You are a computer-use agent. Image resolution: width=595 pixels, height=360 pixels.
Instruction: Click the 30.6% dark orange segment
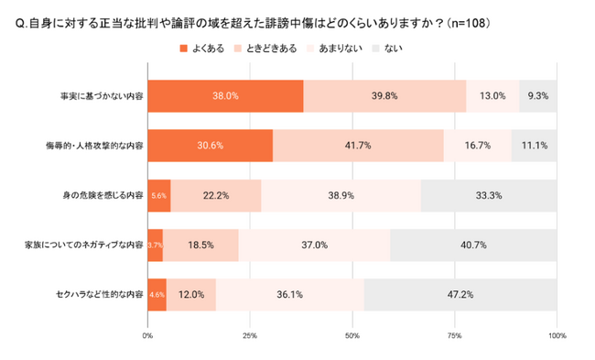coord(210,146)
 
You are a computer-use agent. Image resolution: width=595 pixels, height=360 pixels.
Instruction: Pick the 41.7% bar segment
coord(358,146)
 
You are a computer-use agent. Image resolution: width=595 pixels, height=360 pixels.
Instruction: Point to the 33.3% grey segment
coord(489,195)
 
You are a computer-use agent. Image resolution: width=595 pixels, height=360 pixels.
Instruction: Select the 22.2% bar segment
coord(216,195)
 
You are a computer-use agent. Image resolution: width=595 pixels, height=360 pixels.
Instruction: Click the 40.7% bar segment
coord(474,245)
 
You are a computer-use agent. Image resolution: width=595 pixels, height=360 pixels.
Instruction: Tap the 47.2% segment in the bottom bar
coord(460,295)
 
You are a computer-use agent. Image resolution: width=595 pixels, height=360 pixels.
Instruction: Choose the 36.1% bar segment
coord(290,295)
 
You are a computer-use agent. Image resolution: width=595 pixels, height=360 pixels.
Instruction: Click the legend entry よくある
coord(204,48)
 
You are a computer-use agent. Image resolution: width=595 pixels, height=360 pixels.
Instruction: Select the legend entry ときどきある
coord(265,48)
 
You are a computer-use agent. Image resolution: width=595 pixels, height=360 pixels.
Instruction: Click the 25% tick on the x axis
coord(250,336)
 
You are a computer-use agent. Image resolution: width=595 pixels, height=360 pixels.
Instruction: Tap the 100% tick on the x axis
coord(557,336)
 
